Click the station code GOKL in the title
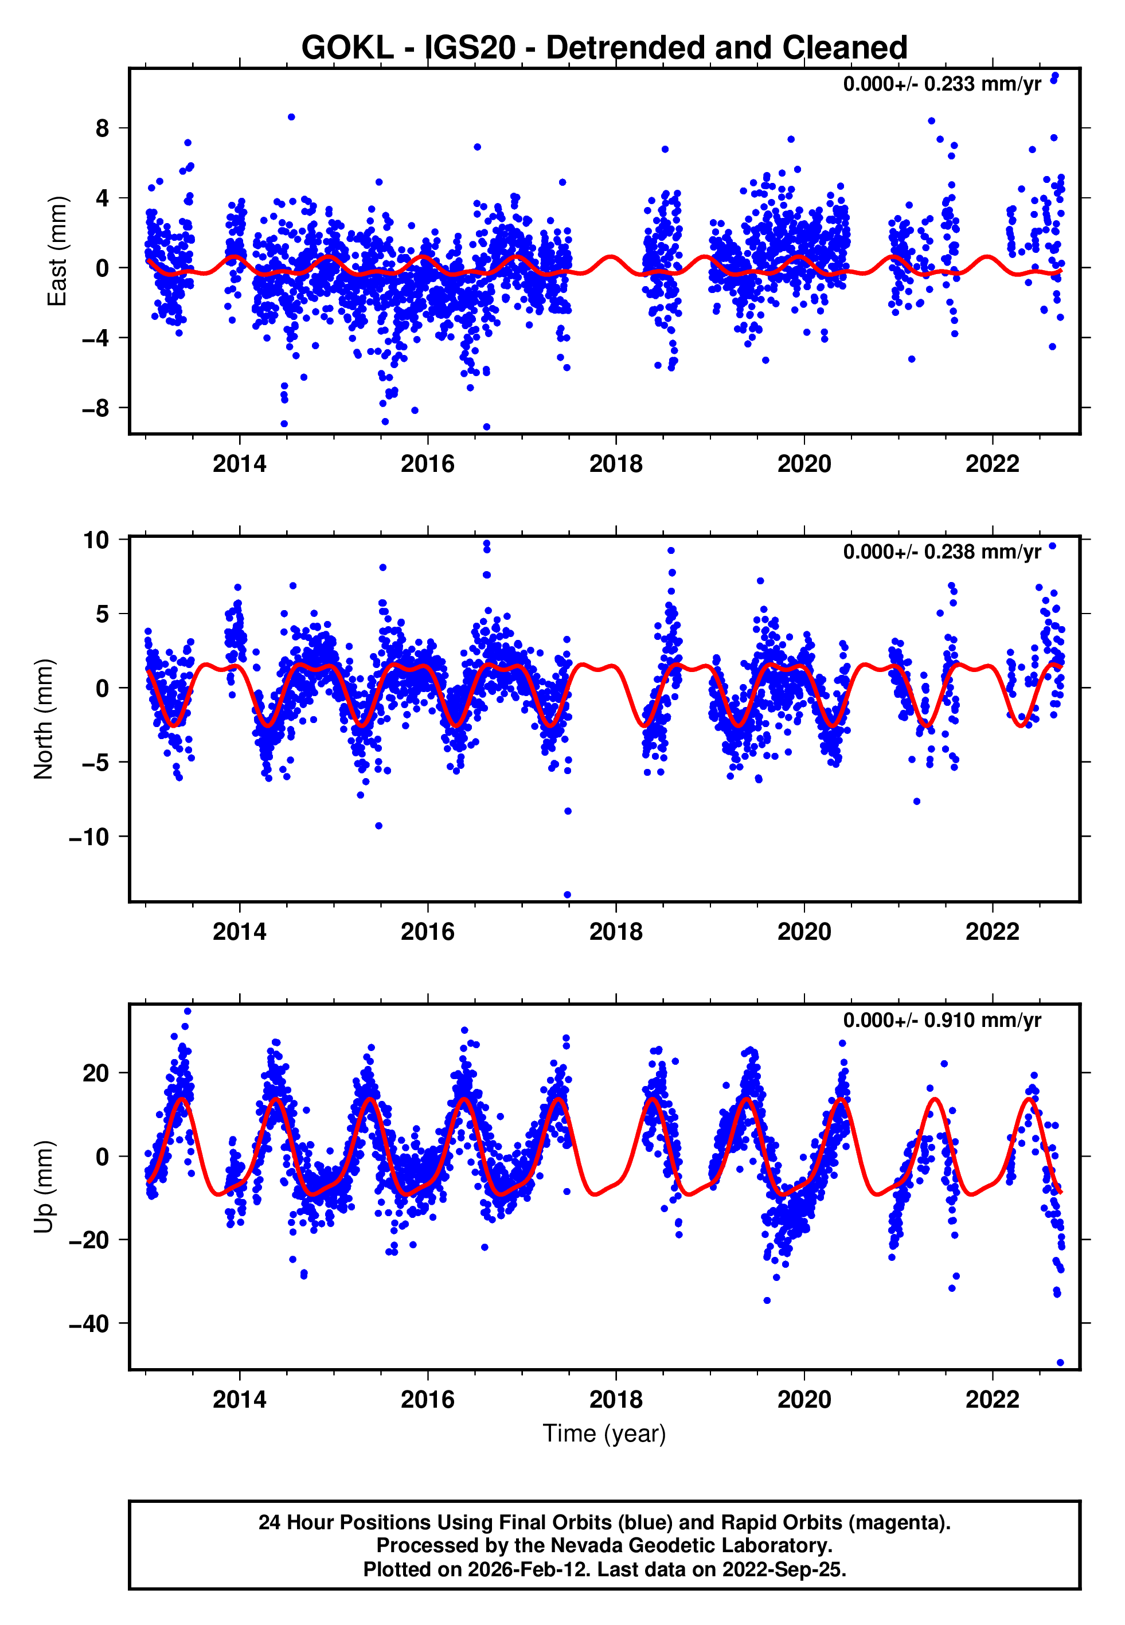pos(347,48)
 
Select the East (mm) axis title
pos(56,252)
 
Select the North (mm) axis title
pos(44,719)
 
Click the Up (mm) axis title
pos(44,1187)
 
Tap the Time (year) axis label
pos(604,1433)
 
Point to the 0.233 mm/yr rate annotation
pos(942,84)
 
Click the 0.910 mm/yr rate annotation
pos(942,1021)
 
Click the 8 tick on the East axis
pos(103,128)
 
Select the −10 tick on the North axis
pos(89,837)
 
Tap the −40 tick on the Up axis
pos(89,1324)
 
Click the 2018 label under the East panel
pos(615,464)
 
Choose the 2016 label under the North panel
pos(427,932)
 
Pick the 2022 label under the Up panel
pos(992,1400)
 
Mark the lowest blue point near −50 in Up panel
pos(1060,1363)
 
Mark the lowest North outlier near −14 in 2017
pos(568,895)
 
